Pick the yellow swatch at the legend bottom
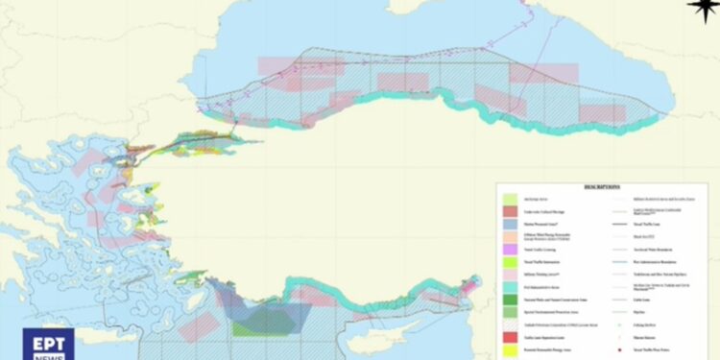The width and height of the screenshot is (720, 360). [x=512, y=352]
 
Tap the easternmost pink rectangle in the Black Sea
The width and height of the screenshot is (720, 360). [x=602, y=113]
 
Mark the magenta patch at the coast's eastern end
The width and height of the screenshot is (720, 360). [x=470, y=284]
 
